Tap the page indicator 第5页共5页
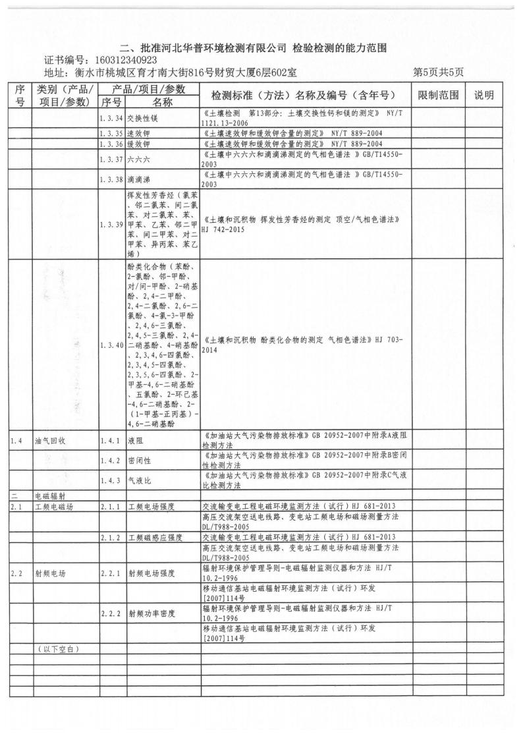coord(439,72)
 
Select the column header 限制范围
coord(439,96)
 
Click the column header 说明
coord(488,96)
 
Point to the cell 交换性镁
coord(140,118)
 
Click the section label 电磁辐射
coord(52,495)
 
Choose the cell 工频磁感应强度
coord(155,538)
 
